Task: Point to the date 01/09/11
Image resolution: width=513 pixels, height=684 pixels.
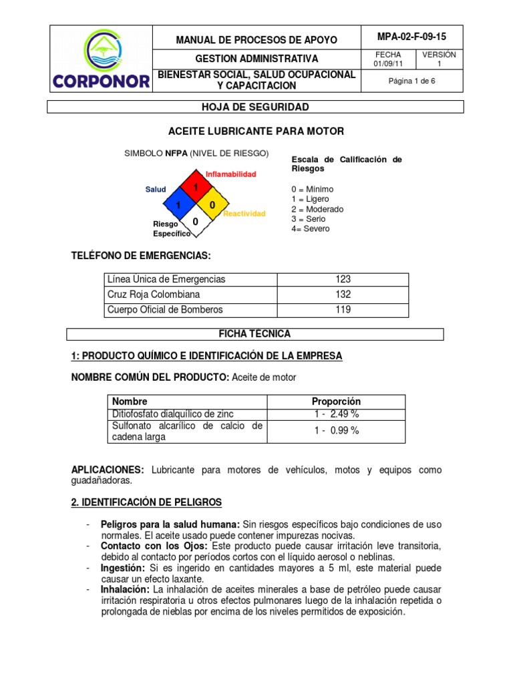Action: (x=387, y=64)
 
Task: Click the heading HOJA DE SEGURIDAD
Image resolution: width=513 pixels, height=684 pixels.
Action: (x=255, y=107)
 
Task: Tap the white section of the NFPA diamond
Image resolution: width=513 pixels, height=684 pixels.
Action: (x=195, y=221)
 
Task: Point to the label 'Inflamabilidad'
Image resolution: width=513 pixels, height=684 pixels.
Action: (x=230, y=174)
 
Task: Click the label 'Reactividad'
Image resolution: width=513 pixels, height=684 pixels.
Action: (x=244, y=214)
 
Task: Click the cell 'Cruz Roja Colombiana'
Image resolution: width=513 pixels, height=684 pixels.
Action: (x=153, y=295)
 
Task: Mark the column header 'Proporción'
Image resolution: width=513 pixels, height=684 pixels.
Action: (x=336, y=401)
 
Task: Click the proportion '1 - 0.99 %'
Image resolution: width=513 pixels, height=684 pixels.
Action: (x=336, y=431)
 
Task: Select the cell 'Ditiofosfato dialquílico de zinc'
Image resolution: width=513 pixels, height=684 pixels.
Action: (x=173, y=415)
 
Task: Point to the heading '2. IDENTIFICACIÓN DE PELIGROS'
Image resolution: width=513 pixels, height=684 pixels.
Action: (x=146, y=502)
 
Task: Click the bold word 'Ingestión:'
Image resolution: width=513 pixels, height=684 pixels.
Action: (x=122, y=568)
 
